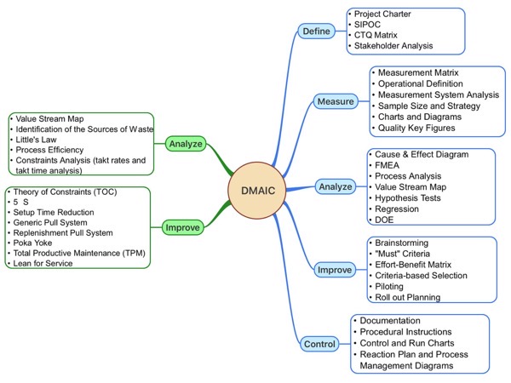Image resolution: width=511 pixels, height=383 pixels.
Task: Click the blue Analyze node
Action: [335, 186]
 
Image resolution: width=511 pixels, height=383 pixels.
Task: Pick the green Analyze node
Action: [185, 144]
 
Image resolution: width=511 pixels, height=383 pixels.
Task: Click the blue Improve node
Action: [335, 270]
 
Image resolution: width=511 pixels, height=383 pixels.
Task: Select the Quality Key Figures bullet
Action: [416, 128]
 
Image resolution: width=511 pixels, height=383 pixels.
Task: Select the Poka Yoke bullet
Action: [33, 242]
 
